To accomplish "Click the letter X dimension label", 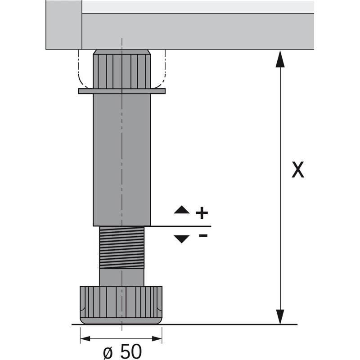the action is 298,170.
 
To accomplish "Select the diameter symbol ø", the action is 109,353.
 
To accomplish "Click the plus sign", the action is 202,213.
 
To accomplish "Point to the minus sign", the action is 203,235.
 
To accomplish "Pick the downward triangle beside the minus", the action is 182,239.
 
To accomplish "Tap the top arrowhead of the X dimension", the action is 280,59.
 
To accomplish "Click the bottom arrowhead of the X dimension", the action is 280,317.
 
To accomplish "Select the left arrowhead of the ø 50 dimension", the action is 85,338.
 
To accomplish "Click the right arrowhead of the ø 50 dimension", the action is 157,338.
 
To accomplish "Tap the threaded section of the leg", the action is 121,247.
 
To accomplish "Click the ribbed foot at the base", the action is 121,305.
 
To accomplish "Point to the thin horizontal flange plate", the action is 121,91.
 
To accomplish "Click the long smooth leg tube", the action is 121,160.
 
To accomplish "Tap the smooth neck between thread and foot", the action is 121,277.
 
